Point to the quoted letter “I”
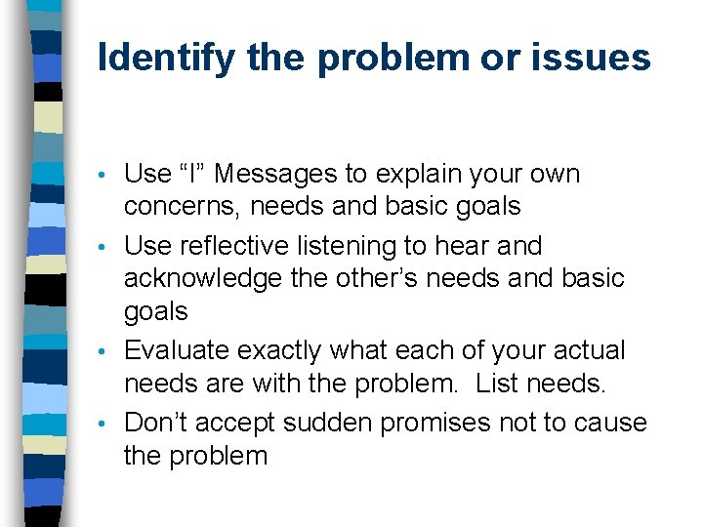[192, 175]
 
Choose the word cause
[610, 423]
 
